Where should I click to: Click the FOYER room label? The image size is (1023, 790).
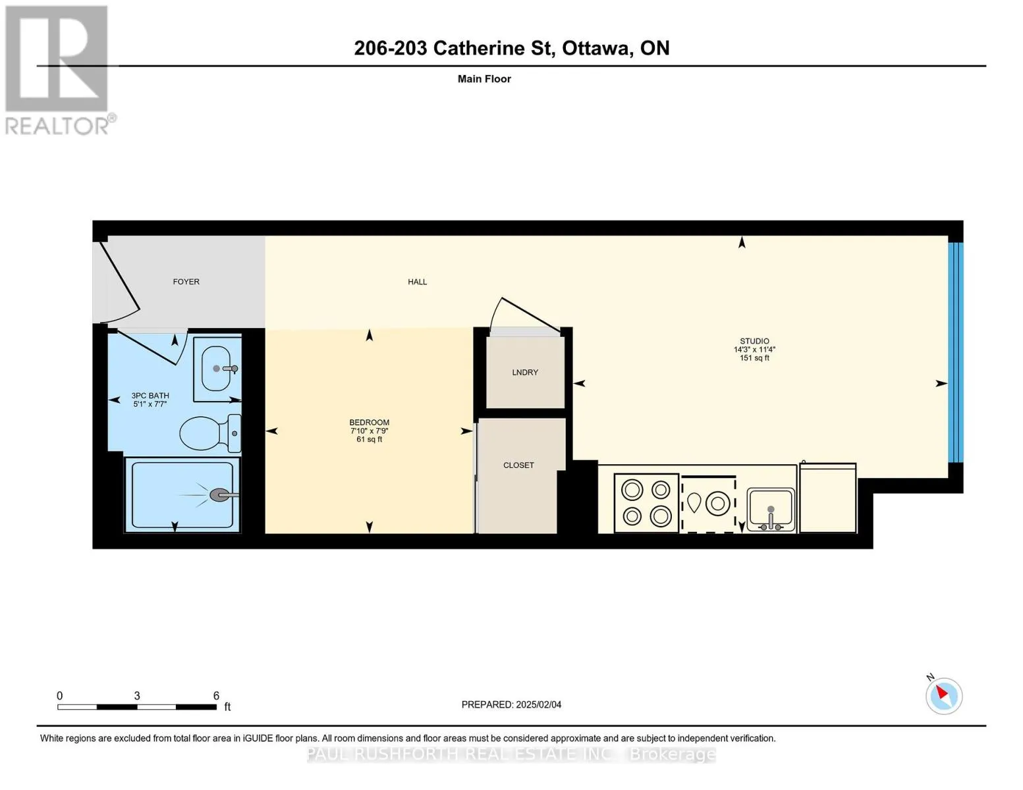click(x=186, y=281)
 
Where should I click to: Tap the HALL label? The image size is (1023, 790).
click(x=417, y=281)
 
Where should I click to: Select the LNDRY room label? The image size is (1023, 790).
click(x=525, y=372)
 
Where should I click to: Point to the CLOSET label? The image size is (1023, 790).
click(x=518, y=465)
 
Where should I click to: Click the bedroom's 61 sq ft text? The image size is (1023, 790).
click(x=369, y=439)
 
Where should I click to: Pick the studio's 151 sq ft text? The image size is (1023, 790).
click(x=754, y=357)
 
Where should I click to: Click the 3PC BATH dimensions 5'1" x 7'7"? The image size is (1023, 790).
click(x=150, y=404)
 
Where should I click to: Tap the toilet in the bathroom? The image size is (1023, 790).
click(x=210, y=433)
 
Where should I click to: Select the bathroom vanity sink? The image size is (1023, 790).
click(x=217, y=369)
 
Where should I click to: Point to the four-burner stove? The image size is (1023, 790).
click(x=646, y=503)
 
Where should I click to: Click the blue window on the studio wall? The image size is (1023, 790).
click(x=956, y=352)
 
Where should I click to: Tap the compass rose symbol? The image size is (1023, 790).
click(x=943, y=696)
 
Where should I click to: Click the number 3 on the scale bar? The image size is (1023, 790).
click(x=137, y=695)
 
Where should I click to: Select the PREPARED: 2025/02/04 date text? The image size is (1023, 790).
click(x=511, y=704)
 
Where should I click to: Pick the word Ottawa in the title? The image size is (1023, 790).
click(x=595, y=48)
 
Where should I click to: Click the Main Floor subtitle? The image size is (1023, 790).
click(x=484, y=78)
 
